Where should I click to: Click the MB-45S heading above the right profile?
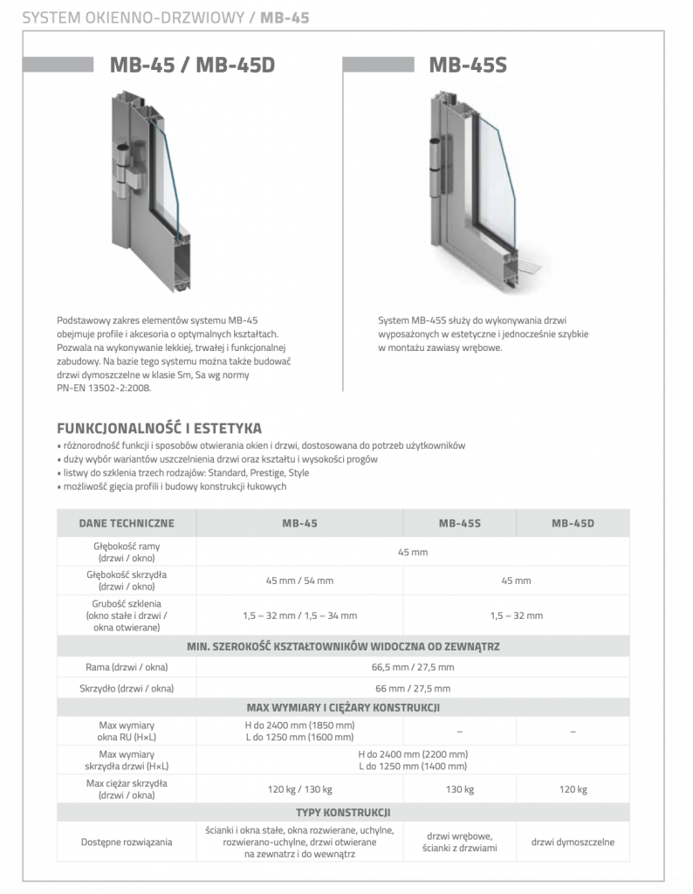click(468, 65)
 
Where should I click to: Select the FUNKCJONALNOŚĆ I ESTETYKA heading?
click(158, 428)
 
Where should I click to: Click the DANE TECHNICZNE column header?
click(127, 524)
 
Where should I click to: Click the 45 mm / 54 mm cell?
click(299, 581)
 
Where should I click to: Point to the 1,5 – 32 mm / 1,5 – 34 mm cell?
click(299, 615)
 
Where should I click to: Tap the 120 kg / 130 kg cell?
click(299, 790)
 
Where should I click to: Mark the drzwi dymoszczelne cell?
click(573, 842)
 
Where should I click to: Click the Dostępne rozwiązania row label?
click(127, 842)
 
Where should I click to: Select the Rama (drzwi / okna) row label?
click(127, 667)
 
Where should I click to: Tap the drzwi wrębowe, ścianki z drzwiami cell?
click(459, 842)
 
